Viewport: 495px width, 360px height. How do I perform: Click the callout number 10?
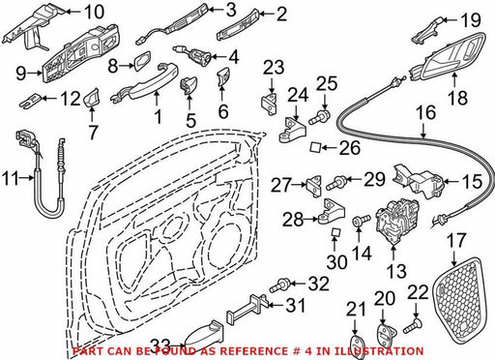tap(94, 12)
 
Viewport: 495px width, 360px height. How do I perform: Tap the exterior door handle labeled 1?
tap(145, 82)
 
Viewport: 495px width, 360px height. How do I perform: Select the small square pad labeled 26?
tap(315, 147)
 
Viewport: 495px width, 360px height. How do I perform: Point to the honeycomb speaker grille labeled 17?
tap(458, 301)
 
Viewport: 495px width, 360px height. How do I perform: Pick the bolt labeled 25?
tap(319, 117)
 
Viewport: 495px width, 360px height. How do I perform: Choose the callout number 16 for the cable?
tap(425, 113)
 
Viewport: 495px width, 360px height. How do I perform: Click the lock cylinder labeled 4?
tap(193, 55)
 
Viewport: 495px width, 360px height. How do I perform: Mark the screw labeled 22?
tap(413, 326)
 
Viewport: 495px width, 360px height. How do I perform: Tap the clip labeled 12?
tap(31, 100)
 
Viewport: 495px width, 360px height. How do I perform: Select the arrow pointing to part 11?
tap(26, 178)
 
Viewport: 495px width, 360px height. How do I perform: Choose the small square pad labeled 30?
tap(335, 232)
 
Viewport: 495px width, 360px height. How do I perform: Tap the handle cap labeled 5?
tap(188, 85)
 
